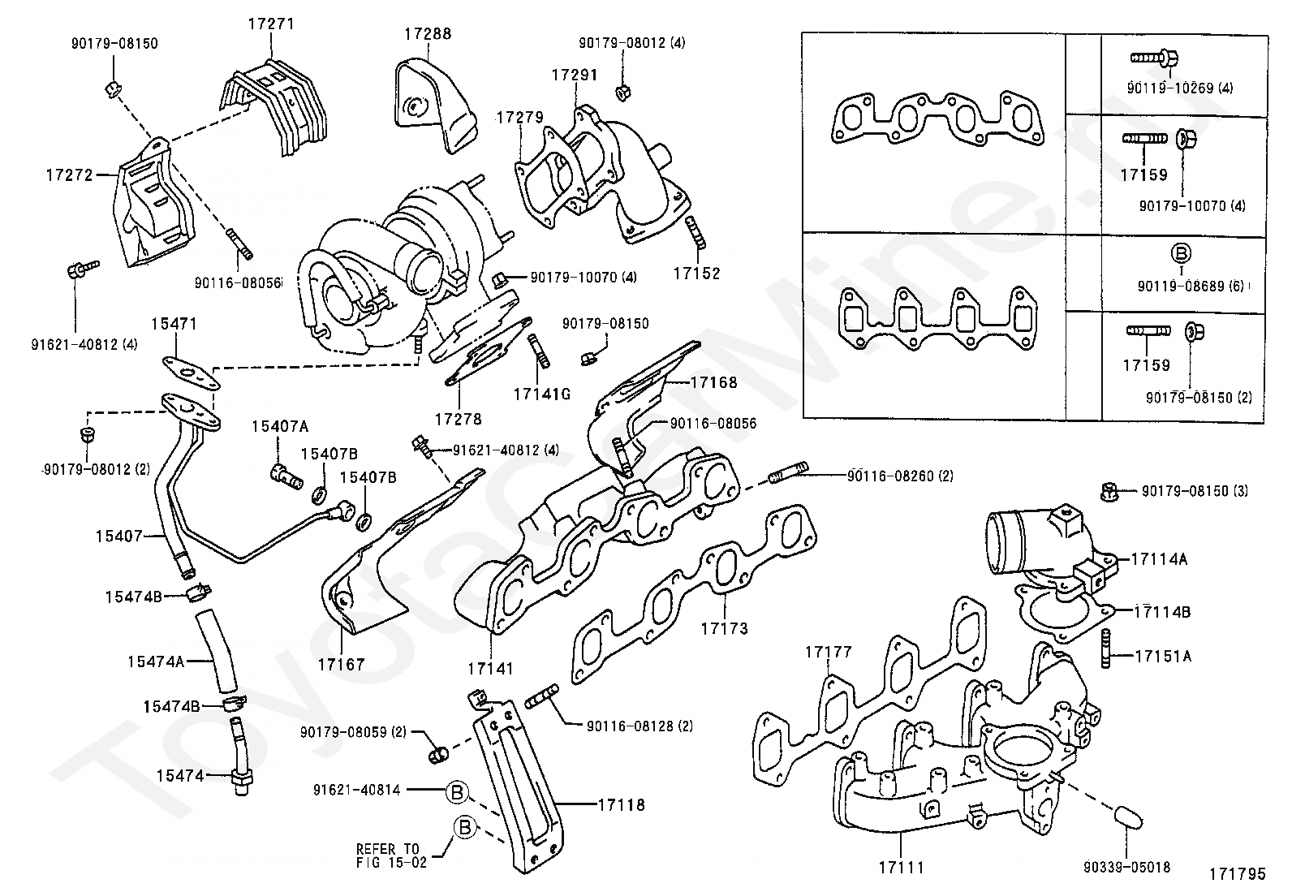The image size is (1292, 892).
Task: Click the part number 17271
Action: click(271, 24)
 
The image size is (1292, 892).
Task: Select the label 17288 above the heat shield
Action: click(428, 34)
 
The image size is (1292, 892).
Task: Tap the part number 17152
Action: click(696, 274)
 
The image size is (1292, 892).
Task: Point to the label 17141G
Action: click(541, 394)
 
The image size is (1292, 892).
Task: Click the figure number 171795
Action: click(1237, 874)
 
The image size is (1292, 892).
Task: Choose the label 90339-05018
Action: click(1128, 868)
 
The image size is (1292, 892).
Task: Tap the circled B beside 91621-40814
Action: click(457, 791)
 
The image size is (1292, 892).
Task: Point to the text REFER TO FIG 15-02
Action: click(391, 855)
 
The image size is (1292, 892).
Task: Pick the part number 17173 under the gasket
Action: click(724, 628)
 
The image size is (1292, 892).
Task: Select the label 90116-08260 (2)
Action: click(900, 476)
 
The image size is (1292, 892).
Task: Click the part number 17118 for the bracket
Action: click(621, 805)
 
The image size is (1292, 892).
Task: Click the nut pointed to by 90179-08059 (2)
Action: click(438, 755)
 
